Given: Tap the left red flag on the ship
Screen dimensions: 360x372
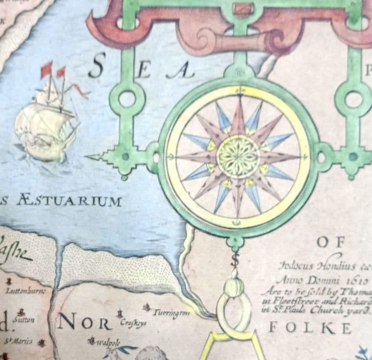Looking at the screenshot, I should click(47, 69).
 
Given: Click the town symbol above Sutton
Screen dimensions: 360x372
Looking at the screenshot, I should click(21, 311).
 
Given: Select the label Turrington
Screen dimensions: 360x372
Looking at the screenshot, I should click(171, 313).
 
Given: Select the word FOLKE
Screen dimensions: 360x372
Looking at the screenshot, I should click(310, 328).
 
